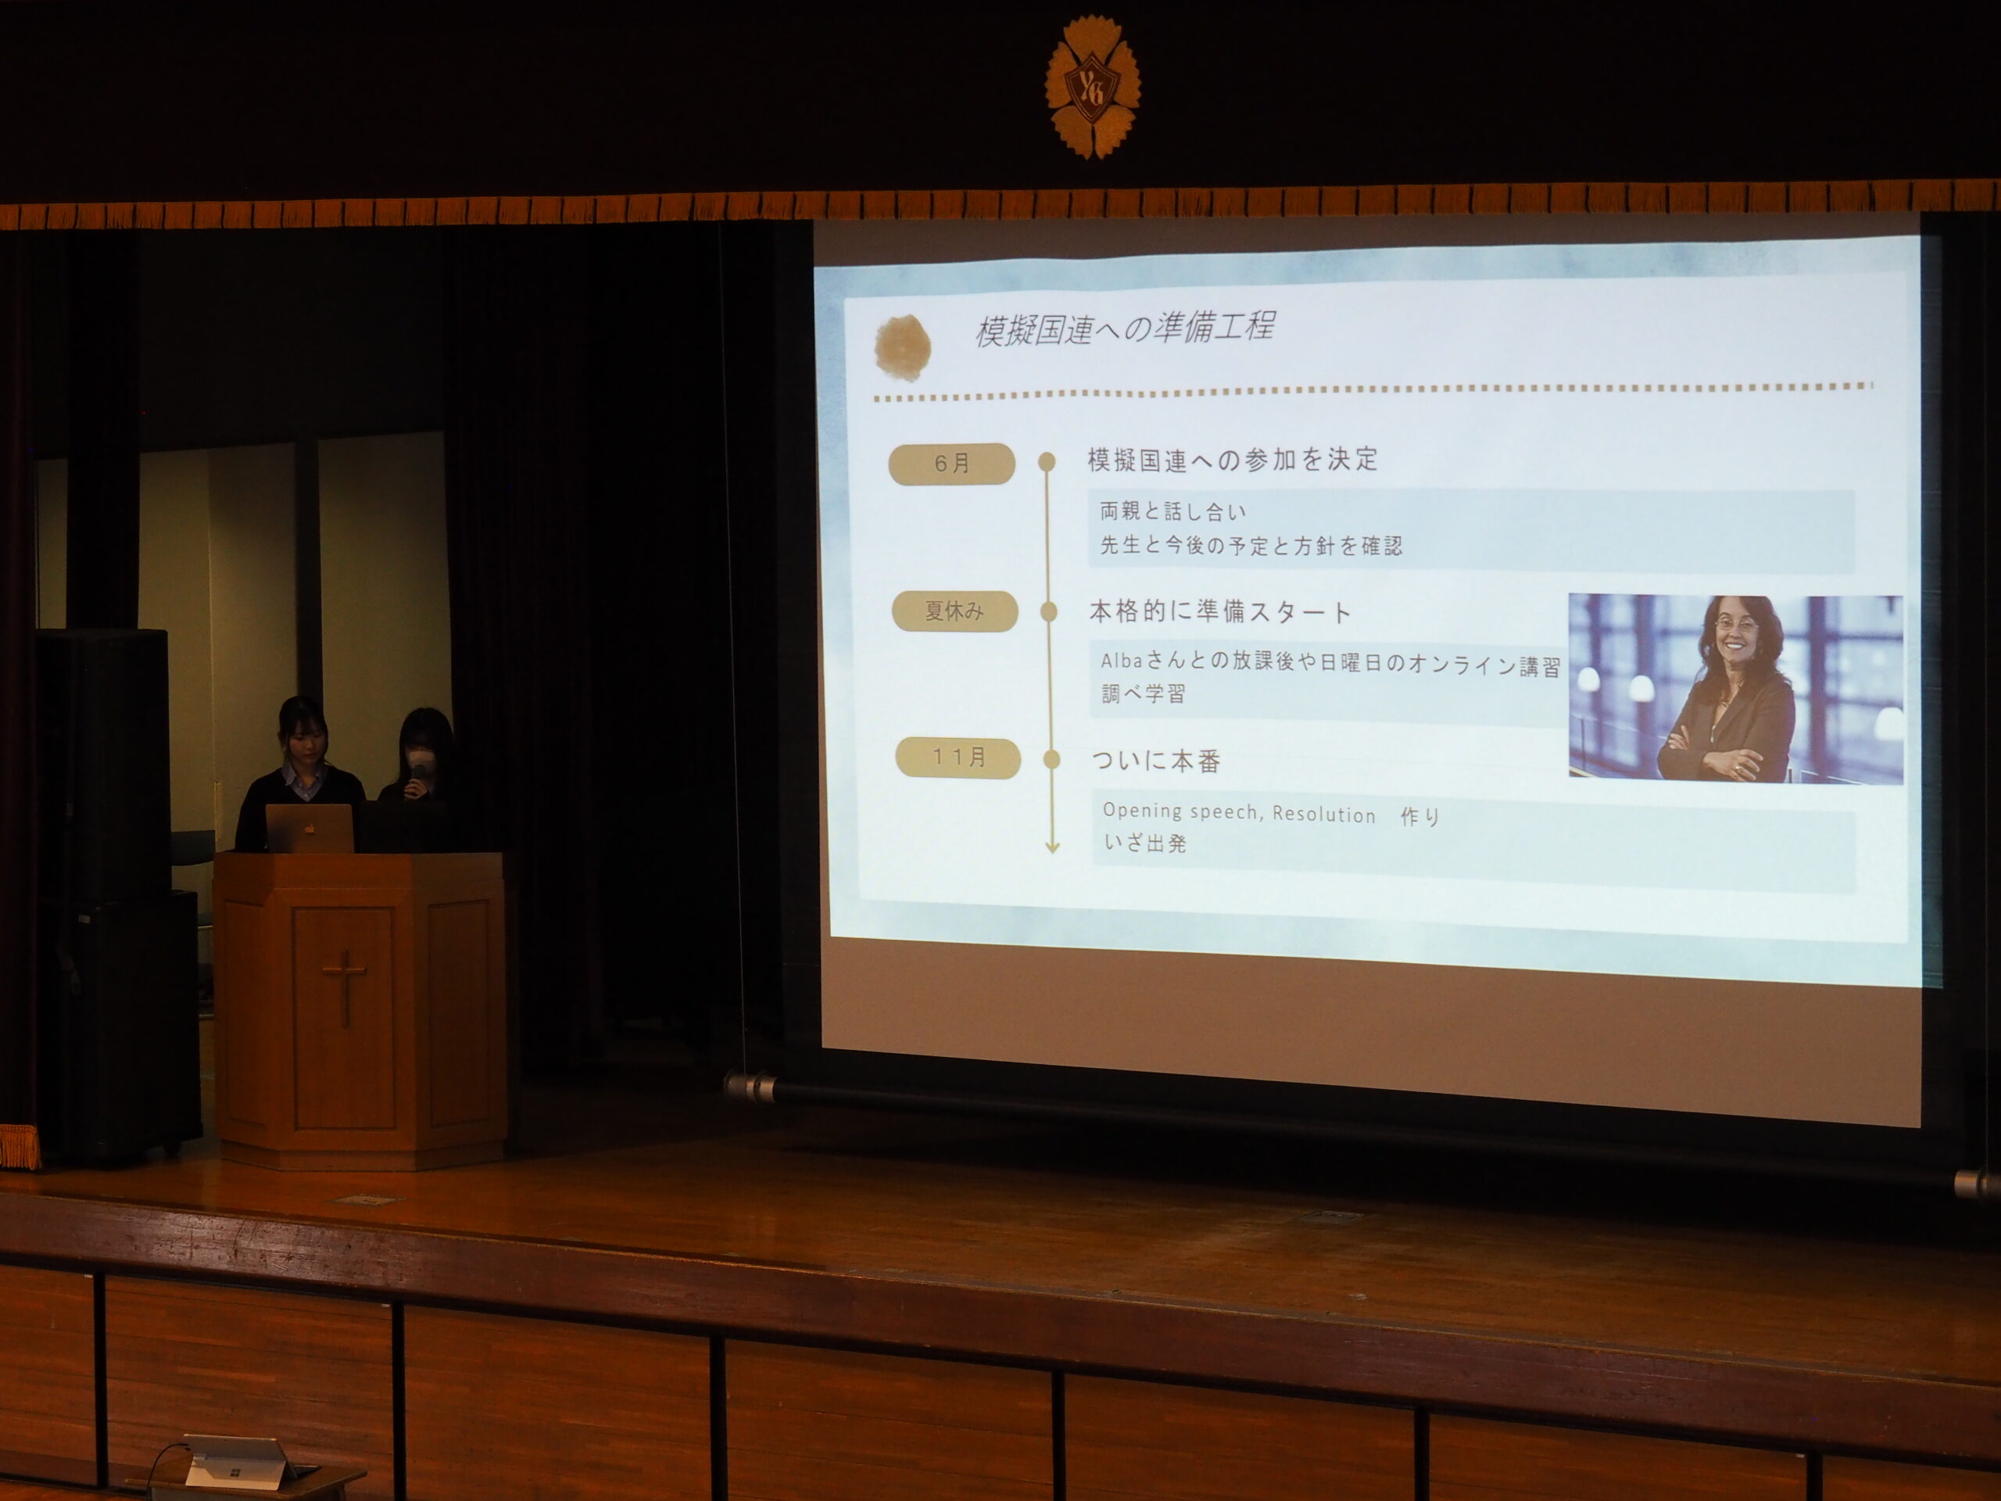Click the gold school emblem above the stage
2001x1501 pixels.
pos(1093,88)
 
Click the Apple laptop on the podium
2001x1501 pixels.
pos(310,828)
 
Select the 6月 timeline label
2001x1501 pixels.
pos(952,464)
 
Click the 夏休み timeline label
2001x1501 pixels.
pos(954,611)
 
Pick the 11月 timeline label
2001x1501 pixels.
pos(958,758)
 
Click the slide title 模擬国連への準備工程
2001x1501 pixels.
pos(1125,328)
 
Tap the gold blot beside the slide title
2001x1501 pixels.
pos(903,346)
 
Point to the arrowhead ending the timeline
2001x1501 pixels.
pos(1052,847)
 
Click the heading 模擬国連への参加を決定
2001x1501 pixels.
pos(1232,460)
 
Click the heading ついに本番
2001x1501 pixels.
pos(1156,761)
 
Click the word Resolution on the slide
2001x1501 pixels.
pos(1323,815)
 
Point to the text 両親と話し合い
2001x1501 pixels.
pos(1173,512)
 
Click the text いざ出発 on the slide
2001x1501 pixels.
pos(1145,844)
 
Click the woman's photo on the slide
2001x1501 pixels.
pos(1735,689)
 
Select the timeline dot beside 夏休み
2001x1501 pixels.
pos(1049,611)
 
